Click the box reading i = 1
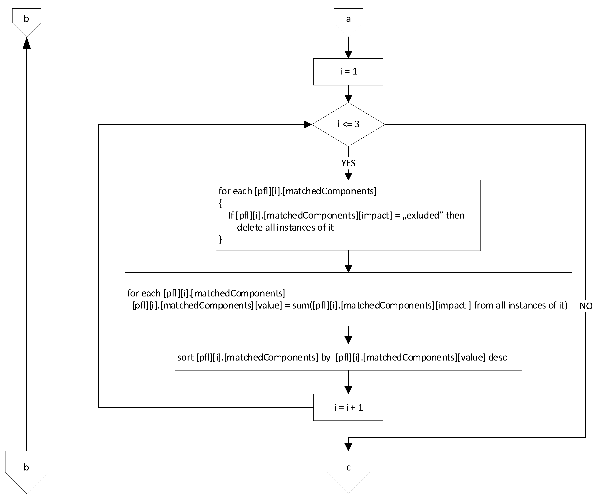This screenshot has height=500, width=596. (348, 72)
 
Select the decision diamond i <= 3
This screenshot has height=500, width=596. (348, 124)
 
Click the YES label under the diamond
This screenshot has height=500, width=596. (348, 163)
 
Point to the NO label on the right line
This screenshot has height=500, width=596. (586, 306)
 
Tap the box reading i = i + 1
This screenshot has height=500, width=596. (348, 408)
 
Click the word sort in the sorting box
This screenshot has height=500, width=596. (185, 357)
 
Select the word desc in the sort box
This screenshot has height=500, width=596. (498, 357)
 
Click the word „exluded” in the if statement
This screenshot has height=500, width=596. (423, 216)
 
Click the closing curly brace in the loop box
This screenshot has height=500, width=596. (221, 239)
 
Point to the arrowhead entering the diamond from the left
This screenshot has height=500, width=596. (307, 124)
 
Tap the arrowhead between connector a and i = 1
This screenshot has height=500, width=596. (348, 55)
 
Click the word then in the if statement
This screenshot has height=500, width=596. (455, 216)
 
